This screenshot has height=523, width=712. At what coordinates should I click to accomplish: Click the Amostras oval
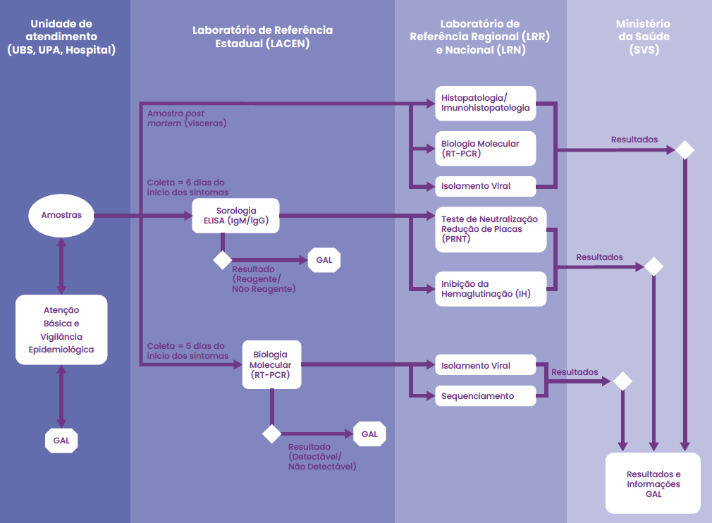tap(61, 215)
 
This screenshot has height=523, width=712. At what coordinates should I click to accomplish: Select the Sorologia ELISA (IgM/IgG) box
tap(235, 216)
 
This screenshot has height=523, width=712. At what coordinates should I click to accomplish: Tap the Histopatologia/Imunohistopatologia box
tap(486, 103)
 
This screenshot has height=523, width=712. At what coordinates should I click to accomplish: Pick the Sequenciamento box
tap(486, 396)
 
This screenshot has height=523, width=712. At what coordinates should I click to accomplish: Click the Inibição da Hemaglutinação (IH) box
tap(491, 289)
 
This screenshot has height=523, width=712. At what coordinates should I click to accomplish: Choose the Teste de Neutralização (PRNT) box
tap(491, 229)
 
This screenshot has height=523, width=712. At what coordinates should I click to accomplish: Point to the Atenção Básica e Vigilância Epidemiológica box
tap(61, 330)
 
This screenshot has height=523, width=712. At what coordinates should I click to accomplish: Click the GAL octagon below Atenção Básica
tap(61, 441)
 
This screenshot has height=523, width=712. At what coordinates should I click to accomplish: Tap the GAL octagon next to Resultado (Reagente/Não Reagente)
tap(324, 260)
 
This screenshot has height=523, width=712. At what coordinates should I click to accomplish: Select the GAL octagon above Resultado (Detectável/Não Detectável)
tap(369, 434)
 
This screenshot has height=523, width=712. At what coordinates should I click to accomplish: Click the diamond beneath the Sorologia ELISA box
tap(223, 260)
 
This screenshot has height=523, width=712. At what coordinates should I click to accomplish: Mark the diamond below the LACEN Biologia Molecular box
tap(271, 434)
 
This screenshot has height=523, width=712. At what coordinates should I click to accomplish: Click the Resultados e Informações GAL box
tap(653, 483)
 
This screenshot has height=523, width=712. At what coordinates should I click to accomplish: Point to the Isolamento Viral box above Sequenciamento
tap(486, 365)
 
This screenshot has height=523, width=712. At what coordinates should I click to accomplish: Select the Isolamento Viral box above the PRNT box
tap(486, 186)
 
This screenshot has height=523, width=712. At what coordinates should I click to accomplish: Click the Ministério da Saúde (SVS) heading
tap(644, 37)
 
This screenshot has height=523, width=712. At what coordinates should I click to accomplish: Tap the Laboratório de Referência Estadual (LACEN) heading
tap(262, 37)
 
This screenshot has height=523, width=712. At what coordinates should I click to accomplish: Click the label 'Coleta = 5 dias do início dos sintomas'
tap(188, 351)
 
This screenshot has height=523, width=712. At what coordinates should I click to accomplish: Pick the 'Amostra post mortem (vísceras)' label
tap(187, 118)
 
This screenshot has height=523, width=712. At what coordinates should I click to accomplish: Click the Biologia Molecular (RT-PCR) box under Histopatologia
tap(486, 149)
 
